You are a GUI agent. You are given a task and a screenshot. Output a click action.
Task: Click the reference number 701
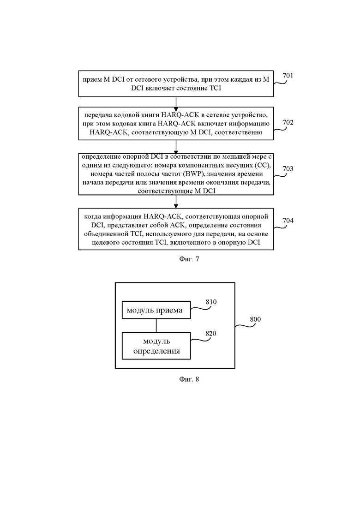coord(288,76)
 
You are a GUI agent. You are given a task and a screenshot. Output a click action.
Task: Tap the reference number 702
coord(288,122)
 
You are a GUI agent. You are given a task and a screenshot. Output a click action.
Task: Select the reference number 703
coord(288,168)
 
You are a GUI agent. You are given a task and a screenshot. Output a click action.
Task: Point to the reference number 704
coord(288,221)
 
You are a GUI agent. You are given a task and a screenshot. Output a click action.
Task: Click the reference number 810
coord(211,302)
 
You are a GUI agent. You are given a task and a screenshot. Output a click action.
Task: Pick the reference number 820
coord(210,333)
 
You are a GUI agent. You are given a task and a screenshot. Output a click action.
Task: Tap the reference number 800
coord(255,319)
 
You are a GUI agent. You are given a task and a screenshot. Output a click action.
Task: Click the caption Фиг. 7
coord(189,259)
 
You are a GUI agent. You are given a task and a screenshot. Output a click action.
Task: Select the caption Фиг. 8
coord(189,379)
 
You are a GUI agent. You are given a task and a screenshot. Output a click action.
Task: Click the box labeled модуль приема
coord(156,310)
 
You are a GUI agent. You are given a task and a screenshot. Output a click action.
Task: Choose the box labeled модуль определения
coord(156,346)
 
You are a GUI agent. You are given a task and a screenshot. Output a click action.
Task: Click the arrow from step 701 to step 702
coord(176,102)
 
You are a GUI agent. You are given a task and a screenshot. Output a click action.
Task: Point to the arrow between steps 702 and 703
coord(176,147)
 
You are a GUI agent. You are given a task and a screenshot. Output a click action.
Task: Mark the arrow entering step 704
coord(176,202)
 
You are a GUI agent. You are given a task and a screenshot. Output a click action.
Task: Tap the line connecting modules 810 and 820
coord(156,326)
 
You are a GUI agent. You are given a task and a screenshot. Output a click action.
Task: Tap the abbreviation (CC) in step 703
coord(263,165)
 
